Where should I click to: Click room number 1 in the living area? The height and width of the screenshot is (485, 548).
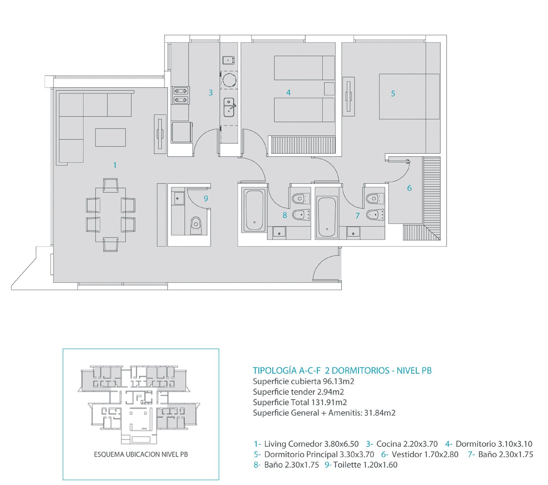point(115,165)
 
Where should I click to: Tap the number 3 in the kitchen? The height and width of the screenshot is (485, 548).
point(211,92)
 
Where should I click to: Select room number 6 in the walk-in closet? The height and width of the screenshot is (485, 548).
point(409,188)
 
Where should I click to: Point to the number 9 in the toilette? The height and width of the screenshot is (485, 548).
point(206,198)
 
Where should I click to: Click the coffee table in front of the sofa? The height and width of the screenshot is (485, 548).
point(110,137)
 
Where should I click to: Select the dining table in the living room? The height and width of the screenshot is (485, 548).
point(110,215)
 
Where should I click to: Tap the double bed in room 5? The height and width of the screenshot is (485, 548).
point(409,97)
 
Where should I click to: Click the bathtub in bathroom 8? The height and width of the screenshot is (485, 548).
point(254,210)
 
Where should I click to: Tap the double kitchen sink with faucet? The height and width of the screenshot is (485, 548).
point(229,107)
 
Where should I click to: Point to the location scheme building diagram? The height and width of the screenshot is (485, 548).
point(140,404)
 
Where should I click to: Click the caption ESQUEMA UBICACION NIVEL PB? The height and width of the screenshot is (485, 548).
point(141,455)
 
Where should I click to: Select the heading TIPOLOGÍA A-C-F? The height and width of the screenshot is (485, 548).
point(287,371)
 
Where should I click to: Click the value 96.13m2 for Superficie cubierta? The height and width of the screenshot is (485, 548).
point(338,381)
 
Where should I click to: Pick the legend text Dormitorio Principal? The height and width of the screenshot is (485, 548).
point(301,455)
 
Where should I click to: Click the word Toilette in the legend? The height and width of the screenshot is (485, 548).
point(347,465)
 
